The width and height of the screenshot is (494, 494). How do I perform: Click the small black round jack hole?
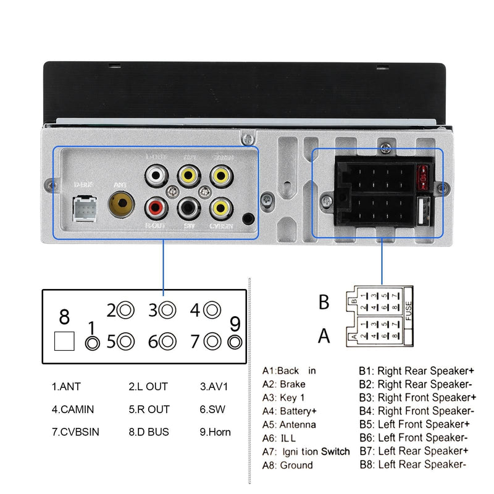(248, 219)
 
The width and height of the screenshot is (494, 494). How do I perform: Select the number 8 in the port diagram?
(64, 317)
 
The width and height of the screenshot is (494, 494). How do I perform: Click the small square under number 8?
(64, 341)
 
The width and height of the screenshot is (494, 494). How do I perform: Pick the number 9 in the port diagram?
(235, 322)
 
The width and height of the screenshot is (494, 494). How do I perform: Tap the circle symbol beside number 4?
(212, 309)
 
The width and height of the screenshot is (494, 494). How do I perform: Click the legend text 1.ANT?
(66, 387)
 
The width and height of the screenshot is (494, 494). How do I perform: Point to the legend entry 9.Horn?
(215, 432)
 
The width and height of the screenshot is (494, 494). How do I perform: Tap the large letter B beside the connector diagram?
(324, 303)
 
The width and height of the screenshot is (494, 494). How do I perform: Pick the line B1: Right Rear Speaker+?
(417, 371)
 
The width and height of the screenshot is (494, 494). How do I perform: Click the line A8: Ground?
(288, 465)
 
